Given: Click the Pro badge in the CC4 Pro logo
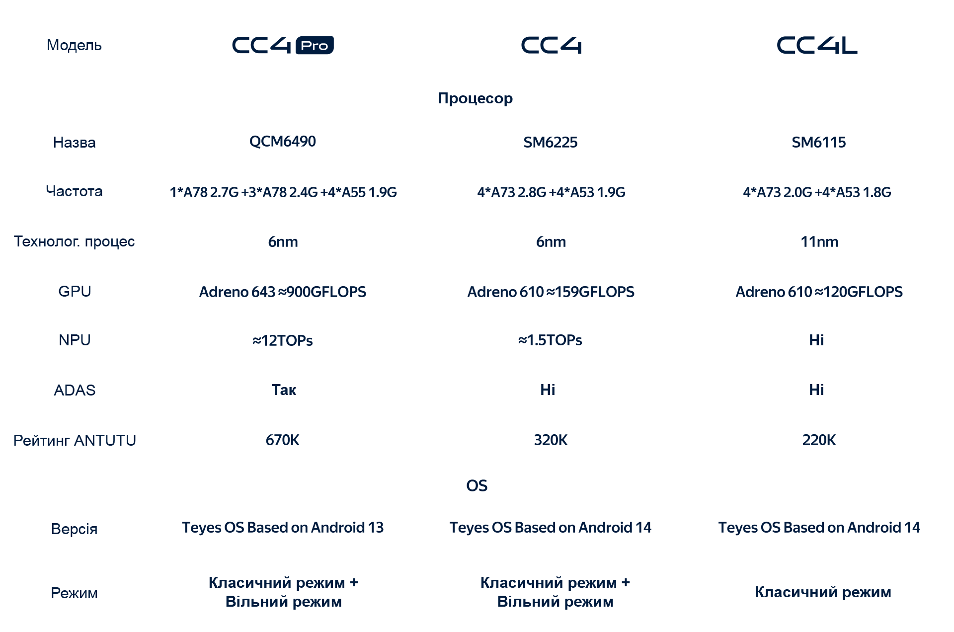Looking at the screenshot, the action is (x=315, y=45).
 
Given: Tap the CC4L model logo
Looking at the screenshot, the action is (x=817, y=45).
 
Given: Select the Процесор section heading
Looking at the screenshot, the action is (x=476, y=98).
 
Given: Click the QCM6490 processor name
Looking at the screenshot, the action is (x=283, y=142).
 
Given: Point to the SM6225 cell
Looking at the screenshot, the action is (x=551, y=143).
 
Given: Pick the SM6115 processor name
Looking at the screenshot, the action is (x=819, y=143).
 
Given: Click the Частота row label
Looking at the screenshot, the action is (x=75, y=191).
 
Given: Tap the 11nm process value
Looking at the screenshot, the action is (x=819, y=242).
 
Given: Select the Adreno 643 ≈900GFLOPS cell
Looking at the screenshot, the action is (x=283, y=292).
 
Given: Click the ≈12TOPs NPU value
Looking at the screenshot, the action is (x=283, y=341).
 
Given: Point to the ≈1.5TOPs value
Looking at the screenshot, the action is (x=551, y=340).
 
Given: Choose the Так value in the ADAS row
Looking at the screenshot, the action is (x=284, y=390).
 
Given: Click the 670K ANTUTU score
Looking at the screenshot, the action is (x=283, y=440).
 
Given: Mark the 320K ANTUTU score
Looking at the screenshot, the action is (x=551, y=440).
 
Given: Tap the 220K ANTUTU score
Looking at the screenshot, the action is (x=819, y=440).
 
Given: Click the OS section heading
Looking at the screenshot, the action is (x=477, y=486).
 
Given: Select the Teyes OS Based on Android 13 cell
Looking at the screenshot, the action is (x=283, y=528).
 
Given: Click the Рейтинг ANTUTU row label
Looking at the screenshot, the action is (x=75, y=441).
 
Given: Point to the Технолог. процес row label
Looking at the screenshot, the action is (x=75, y=242).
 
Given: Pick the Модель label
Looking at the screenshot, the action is (x=75, y=46).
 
